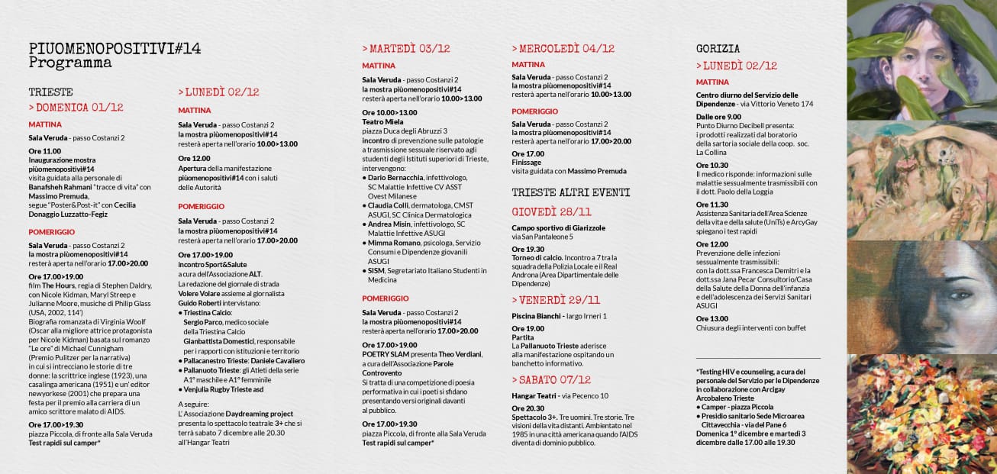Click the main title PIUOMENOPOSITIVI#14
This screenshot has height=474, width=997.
[115, 49]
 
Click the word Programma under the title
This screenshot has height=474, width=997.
[70, 63]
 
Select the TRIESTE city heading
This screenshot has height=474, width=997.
[50, 92]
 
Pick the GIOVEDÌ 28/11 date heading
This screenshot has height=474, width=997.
[551, 211]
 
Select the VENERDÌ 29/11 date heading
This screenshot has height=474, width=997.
[559, 300]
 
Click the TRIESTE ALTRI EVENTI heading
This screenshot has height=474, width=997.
[571, 192]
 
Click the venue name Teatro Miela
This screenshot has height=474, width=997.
[382, 122]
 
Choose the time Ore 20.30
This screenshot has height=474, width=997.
[528, 408]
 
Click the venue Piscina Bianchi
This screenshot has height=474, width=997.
[537, 316]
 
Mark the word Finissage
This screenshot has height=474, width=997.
[527, 163]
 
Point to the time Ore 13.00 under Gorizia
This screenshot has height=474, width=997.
[712, 318]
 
